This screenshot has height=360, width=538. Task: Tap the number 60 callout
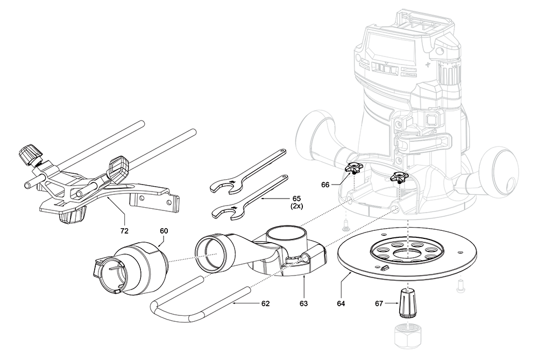[x=164, y=231]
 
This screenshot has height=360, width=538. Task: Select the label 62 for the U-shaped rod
[x=265, y=303]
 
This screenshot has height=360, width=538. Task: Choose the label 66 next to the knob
[x=325, y=185]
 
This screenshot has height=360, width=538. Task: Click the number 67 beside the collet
[x=379, y=303]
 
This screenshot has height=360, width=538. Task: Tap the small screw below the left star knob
[x=346, y=228]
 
